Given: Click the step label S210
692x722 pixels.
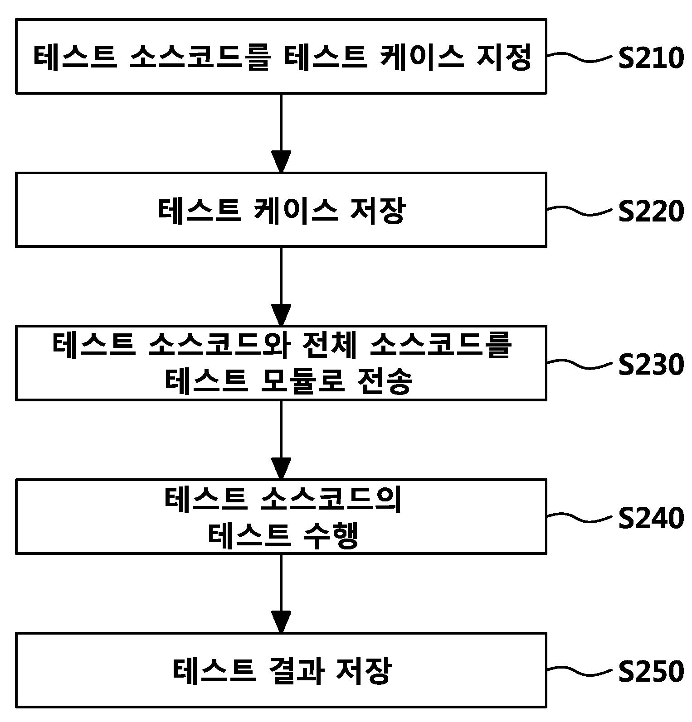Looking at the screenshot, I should tap(651, 58).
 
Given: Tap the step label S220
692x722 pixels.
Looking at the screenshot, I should tap(651, 212).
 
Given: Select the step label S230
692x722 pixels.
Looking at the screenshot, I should tap(651, 365).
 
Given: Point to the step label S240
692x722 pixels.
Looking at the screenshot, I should tap(651, 518).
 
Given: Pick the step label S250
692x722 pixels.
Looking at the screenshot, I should tap(651, 672).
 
